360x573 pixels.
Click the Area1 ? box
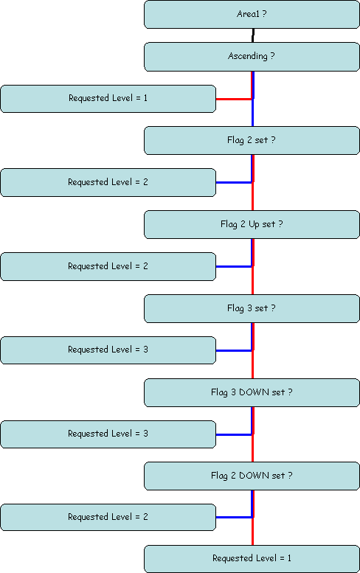point(252,14)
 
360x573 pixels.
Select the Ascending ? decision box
point(252,57)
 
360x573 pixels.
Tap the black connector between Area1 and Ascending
point(253,35)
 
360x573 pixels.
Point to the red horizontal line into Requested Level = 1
point(234,99)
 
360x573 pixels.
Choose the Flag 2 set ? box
point(252,140)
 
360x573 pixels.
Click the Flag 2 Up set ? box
point(252,224)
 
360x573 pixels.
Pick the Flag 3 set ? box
point(252,308)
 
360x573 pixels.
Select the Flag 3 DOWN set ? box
point(252,392)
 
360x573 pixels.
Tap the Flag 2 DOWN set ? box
point(252,476)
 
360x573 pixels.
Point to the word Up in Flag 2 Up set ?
point(254,224)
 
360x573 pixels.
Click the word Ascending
point(248,56)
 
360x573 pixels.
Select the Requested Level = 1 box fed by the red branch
point(108,99)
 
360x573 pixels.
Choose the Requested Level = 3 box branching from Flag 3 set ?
point(108,350)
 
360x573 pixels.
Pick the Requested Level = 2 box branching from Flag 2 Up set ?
point(108,266)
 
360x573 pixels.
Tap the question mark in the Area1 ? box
point(264,14)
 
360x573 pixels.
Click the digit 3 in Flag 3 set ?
point(249,308)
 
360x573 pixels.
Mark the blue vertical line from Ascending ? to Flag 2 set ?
point(253,99)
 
